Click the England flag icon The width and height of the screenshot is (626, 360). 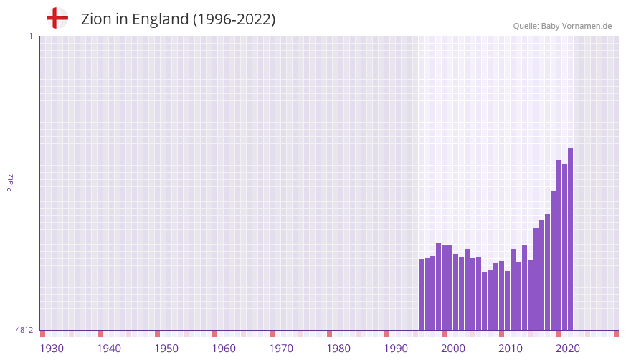57,18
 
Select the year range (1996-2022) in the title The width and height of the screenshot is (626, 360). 234,19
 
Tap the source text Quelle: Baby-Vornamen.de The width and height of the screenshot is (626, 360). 562,26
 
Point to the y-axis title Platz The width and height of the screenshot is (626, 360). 10,182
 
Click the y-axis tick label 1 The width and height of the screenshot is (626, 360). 30,36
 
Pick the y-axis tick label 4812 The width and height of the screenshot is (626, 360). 24,330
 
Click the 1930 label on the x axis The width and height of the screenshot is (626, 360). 52,349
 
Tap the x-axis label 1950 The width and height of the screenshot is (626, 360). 166,349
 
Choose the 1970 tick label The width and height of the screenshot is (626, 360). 281,349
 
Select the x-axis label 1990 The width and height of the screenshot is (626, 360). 396,349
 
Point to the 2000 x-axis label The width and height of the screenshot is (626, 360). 453,349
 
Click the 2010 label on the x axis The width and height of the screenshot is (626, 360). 511,349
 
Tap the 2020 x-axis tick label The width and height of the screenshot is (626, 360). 568,349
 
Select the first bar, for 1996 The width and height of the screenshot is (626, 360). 421,294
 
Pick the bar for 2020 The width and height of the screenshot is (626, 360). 559,245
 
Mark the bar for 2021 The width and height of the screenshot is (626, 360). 564,247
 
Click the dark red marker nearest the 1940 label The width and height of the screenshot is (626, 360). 100,333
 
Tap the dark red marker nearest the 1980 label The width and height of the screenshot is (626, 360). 329,333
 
